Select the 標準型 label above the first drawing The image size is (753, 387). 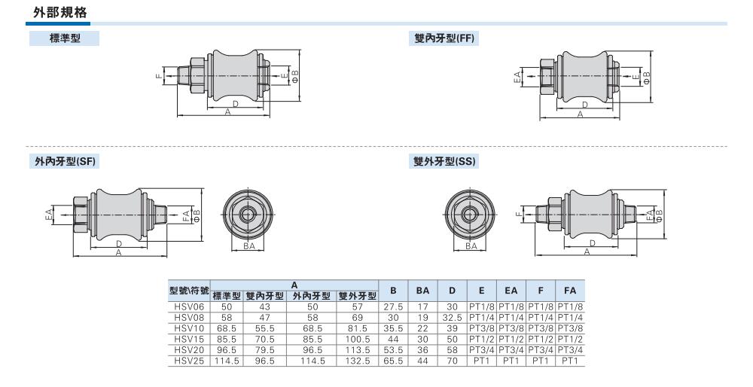coord(65,38)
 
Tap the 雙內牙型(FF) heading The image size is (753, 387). coord(444,38)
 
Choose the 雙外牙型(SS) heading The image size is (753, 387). coord(445,161)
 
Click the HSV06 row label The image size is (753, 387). coord(189,307)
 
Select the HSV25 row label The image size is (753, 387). coord(189,361)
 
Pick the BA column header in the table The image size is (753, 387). coord(422,291)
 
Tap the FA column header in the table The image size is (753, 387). coord(570,291)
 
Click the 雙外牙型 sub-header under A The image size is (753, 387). coord(357,296)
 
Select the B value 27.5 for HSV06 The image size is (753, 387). coord(393,307)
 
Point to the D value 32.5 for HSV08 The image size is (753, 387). coord(452,318)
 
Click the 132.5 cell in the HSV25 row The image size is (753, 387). coord(357,361)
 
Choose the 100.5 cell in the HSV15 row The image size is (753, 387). coord(357,339)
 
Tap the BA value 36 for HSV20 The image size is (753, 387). coord(422,350)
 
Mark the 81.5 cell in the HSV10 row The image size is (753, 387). coord(357,328)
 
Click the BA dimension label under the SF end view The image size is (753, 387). coord(248,246)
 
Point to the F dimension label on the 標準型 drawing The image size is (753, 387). coord(159,75)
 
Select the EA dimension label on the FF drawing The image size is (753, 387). coord(517,78)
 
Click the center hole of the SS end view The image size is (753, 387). coord(470,212)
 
